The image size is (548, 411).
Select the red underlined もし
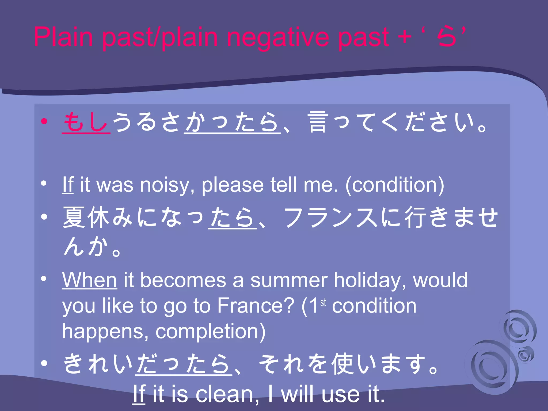point(86,122)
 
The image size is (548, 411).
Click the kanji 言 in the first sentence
point(318,122)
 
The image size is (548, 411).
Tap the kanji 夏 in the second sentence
point(74,217)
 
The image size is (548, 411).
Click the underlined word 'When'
point(89,280)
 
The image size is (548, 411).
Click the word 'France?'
point(256,306)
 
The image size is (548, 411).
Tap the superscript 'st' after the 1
point(323,302)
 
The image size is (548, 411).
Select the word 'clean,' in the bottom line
point(227,394)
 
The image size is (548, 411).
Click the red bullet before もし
point(44,122)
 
